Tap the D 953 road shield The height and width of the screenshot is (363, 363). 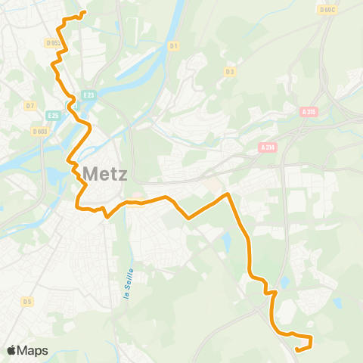coord(52,43)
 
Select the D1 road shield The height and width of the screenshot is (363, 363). coord(174,45)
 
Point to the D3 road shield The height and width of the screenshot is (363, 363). coord(230,71)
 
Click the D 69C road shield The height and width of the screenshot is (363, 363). coord(327,10)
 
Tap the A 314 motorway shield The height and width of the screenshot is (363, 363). coord(267,147)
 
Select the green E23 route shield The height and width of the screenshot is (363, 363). coord(89,95)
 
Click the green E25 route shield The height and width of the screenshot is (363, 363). coord(52,115)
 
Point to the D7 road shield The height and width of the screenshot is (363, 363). coord(30,105)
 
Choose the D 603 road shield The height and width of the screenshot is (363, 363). coord(39,132)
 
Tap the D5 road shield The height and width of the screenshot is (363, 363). coord(27,301)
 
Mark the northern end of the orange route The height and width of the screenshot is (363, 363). coord(83,13)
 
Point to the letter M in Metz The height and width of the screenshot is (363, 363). coord(88,173)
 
